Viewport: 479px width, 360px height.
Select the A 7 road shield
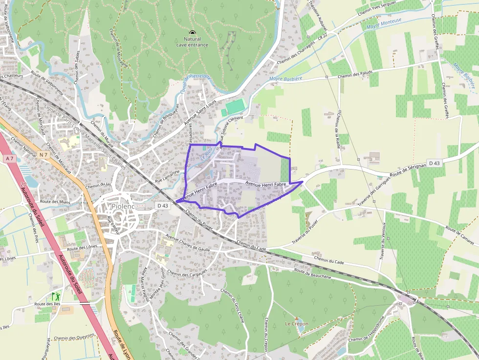[9, 158]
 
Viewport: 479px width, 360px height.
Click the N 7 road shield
[44, 155]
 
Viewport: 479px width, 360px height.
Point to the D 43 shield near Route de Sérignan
[434, 162]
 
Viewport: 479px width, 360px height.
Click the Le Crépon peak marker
[296, 318]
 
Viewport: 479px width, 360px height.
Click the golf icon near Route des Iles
[55, 296]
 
